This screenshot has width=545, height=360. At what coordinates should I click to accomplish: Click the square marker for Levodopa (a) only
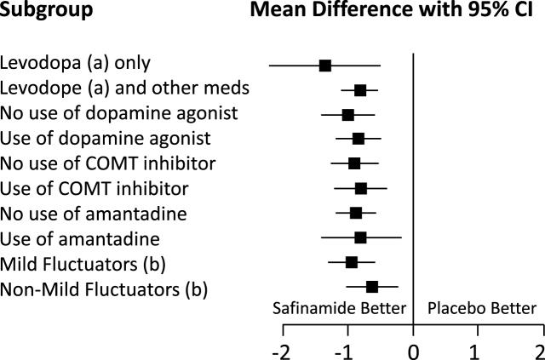(x=324, y=66)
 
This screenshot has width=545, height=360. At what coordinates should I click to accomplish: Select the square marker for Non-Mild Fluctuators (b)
(x=372, y=288)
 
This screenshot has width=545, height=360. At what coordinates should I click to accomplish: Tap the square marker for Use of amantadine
(x=360, y=237)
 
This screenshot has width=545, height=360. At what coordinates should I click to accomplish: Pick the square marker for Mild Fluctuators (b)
(x=352, y=262)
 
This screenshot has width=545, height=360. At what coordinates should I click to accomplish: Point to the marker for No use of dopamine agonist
(x=347, y=114)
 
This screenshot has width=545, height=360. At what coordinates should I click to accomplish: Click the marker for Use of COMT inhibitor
(x=361, y=188)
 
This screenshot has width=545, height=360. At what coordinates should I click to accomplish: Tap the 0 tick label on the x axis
(x=413, y=351)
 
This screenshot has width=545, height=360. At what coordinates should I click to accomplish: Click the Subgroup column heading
(x=47, y=13)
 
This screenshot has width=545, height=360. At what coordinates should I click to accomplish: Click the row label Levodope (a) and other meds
(x=124, y=89)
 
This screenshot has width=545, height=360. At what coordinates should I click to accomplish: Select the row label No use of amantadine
(x=93, y=213)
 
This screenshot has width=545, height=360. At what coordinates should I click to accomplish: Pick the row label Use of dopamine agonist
(x=106, y=138)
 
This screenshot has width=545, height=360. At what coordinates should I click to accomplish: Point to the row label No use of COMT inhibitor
(x=107, y=163)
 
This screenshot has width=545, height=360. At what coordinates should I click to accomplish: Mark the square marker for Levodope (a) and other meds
(x=360, y=89)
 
